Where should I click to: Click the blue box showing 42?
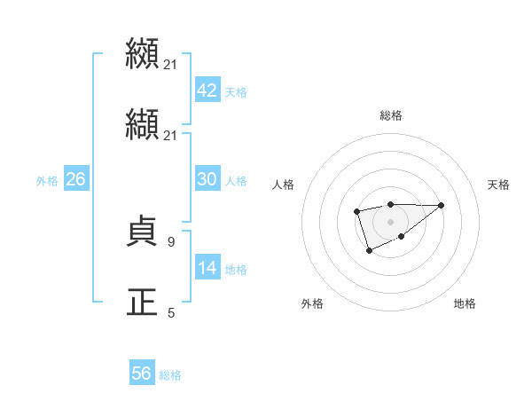[x=207, y=90]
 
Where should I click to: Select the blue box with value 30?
[x=207, y=179]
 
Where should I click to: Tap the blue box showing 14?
[x=207, y=268]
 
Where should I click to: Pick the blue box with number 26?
[x=75, y=179]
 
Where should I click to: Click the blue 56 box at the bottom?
[x=141, y=374]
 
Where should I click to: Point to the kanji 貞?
[x=142, y=233]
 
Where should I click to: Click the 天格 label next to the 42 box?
[x=235, y=92]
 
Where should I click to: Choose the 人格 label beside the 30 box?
[x=235, y=181]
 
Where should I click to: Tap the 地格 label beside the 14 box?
[x=235, y=270]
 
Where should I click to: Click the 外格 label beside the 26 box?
[x=47, y=181]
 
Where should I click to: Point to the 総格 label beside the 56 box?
[x=170, y=375]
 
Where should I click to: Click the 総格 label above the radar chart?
[x=390, y=115]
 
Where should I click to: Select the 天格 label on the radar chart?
[x=498, y=185]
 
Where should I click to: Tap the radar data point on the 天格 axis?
[x=442, y=205]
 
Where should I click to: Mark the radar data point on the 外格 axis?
[x=369, y=251]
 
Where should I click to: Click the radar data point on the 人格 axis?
[x=356, y=211]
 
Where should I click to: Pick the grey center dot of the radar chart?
[x=390, y=221]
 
